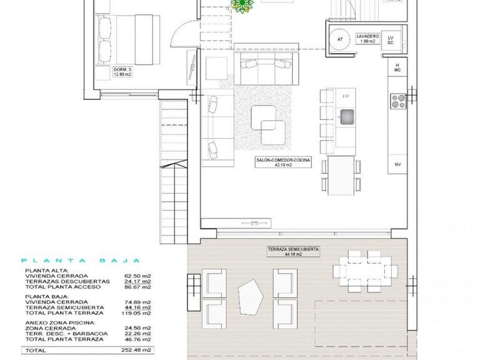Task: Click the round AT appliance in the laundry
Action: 340,39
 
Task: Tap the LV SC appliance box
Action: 391,40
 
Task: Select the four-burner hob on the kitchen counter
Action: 398,100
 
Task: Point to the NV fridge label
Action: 397,165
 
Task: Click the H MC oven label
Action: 397,67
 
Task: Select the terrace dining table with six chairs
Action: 357,271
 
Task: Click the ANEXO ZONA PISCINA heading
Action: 61,322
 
